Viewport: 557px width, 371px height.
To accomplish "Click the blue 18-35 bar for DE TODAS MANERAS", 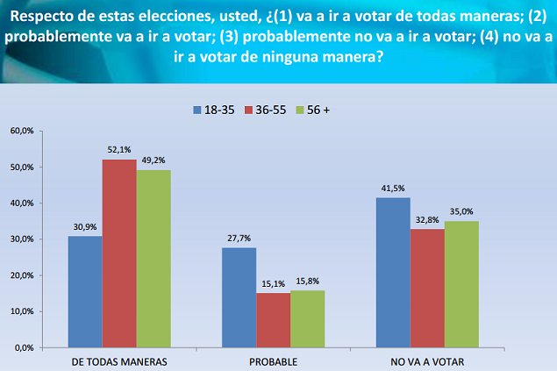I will pyautogui.click(x=84, y=291).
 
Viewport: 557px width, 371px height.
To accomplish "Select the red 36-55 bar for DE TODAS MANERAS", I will pyautogui.click(x=118, y=253).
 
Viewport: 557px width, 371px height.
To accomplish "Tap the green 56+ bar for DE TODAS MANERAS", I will pyautogui.click(x=153, y=259).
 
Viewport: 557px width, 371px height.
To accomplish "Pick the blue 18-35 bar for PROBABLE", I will pyautogui.click(x=239, y=297).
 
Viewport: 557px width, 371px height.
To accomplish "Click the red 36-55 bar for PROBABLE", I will pyautogui.click(x=273, y=320).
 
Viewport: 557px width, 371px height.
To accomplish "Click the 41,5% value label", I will pyautogui.click(x=392, y=189).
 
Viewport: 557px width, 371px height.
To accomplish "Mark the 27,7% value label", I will pyautogui.click(x=239, y=239).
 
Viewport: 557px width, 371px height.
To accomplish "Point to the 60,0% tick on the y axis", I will pyautogui.click(x=21, y=131).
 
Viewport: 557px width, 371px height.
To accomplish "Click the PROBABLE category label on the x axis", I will pyautogui.click(x=273, y=361).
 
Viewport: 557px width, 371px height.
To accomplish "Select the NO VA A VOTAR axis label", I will pyautogui.click(x=427, y=361).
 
